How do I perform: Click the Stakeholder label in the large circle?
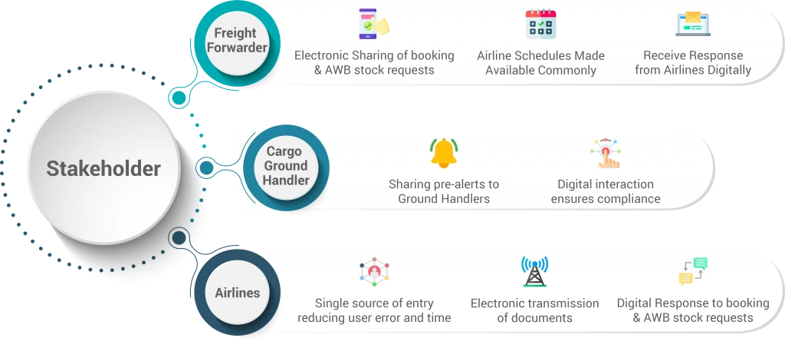pos(103,168)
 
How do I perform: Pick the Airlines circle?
pos(237,293)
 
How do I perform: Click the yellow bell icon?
pos(444,153)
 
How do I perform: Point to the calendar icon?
pos(540,24)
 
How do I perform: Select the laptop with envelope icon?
pos(693,24)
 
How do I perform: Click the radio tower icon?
pos(534,271)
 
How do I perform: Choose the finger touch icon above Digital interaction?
pos(606,154)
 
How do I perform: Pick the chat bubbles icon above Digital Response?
pos(693,271)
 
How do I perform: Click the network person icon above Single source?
pos(374,272)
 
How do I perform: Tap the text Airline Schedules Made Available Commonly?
pos(540,63)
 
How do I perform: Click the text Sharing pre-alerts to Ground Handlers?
pos(444,191)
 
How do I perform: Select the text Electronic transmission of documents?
pos(534,310)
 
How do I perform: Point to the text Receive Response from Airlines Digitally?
pos(693,63)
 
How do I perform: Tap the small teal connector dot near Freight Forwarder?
pos(178,98)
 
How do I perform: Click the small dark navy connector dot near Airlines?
pos(179,237)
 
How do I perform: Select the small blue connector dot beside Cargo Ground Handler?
pos(205,167)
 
